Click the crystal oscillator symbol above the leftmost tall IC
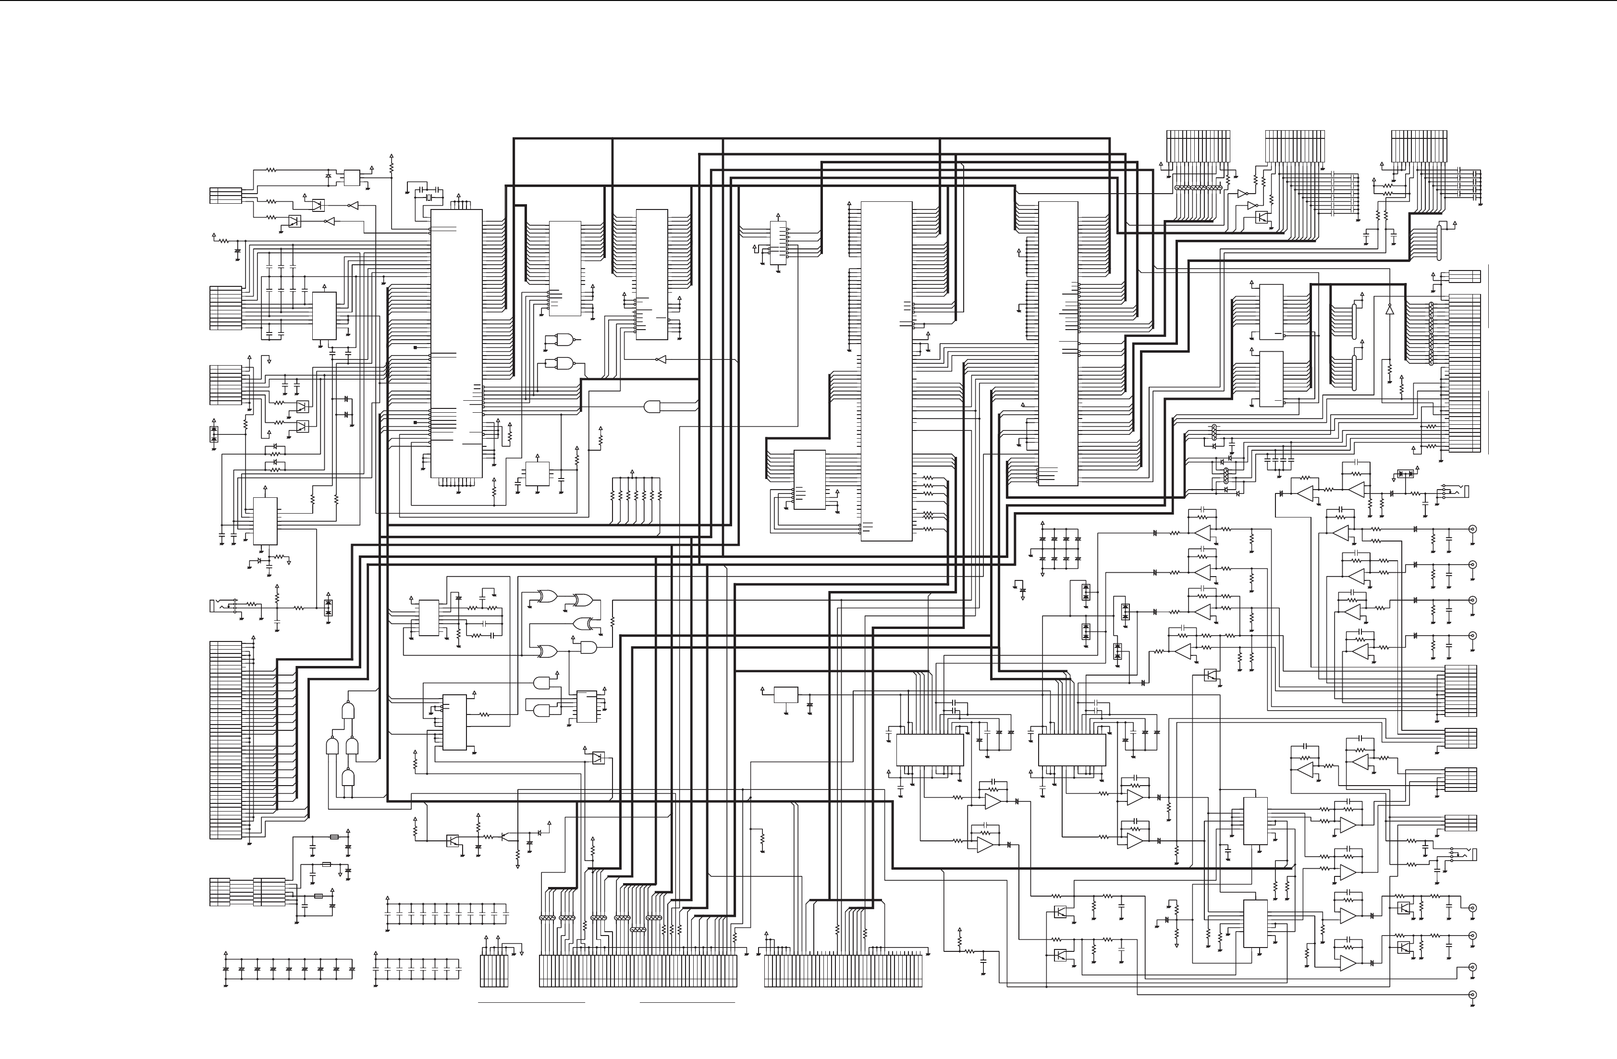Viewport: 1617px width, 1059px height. pyautogui.click(x=429, y=198)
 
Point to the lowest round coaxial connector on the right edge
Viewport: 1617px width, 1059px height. pyautogui.click(x=1472, y=995)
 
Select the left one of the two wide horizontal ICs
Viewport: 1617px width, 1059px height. pyautogui.click(x=930, y=750)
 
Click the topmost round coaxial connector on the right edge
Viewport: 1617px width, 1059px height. pyautogui.click(x=1472, y=529)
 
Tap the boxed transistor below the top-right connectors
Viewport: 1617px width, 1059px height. pyautogui.click(x=1262, y=217)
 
